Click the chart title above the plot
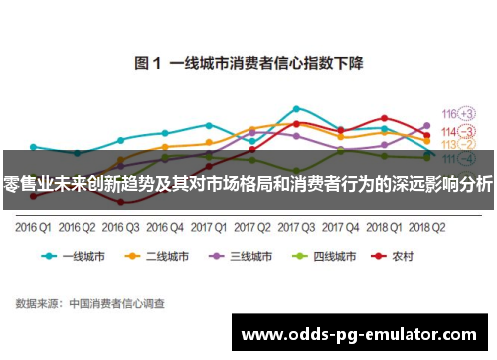(x=248, y=63)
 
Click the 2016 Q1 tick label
(x=33, y=226)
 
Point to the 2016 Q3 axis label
(x=120, y=226)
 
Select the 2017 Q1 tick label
(x=208, y=226)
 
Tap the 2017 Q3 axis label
(x=295, y=226)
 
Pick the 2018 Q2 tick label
(x=426, y=226)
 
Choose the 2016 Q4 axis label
(x=164, y=226)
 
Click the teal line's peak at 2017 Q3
(x=296, y=108)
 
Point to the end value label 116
(x=448, y=114)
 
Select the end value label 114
(x=448, y=131)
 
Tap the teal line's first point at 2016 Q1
(x=33, y=146)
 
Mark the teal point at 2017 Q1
(x=209, y=125)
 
